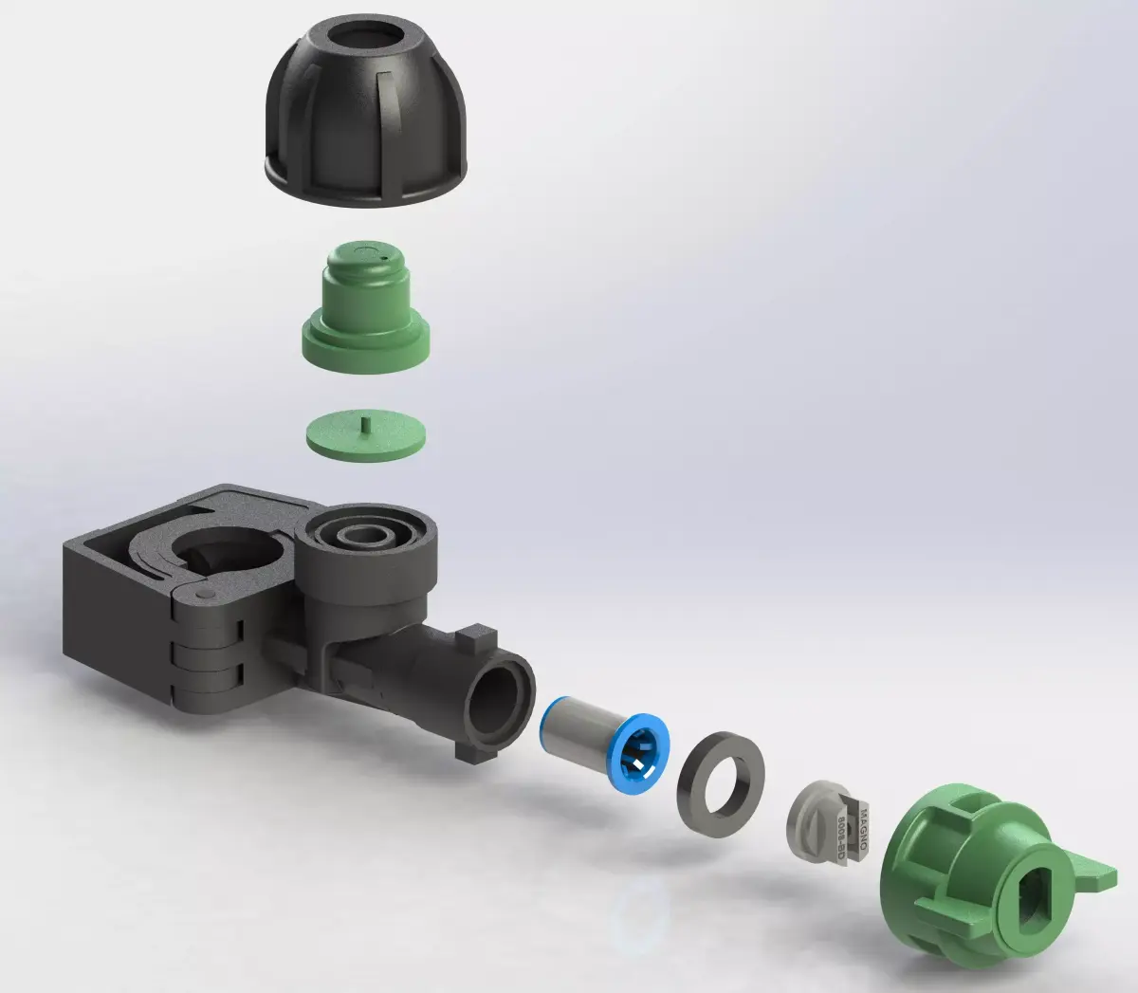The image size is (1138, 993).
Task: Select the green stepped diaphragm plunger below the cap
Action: (x=366, y=313)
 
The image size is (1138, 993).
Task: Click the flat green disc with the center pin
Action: (x=366, y=437)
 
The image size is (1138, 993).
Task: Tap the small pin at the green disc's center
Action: (x=366, y=423)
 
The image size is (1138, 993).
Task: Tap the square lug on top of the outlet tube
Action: (x=477, y=637)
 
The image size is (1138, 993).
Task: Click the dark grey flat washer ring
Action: (x=721, y=783)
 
